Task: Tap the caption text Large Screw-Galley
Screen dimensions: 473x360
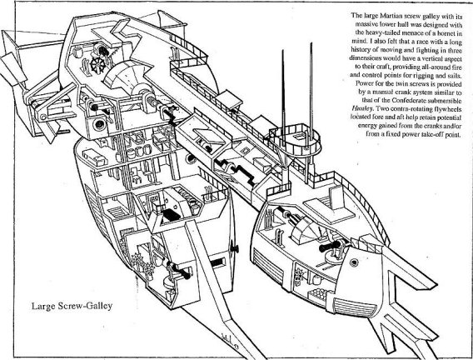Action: [x=72, y=306]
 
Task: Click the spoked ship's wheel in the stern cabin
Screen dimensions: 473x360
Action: [x=97, y=64]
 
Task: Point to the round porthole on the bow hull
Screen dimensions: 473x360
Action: [x=354, y=262]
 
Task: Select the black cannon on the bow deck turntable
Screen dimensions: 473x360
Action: [x=331, y=246]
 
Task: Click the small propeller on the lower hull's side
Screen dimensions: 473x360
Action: [x=233, y=248]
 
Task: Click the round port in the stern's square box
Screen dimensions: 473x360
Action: [x=99, y=124]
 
